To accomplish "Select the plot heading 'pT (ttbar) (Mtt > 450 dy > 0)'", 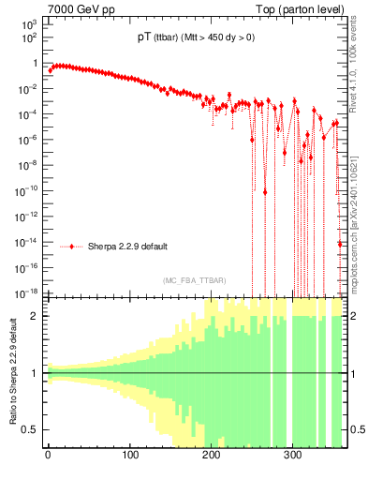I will [195, 38].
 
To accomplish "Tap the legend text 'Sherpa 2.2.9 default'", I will [127, 247].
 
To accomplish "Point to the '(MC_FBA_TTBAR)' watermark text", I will [195, 280].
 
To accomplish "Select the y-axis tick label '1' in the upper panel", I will [36, 64].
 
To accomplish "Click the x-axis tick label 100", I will [129, 458].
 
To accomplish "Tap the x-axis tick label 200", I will [211, 458].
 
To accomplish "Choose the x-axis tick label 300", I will [292, 458].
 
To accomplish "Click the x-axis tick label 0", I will [48, 458].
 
